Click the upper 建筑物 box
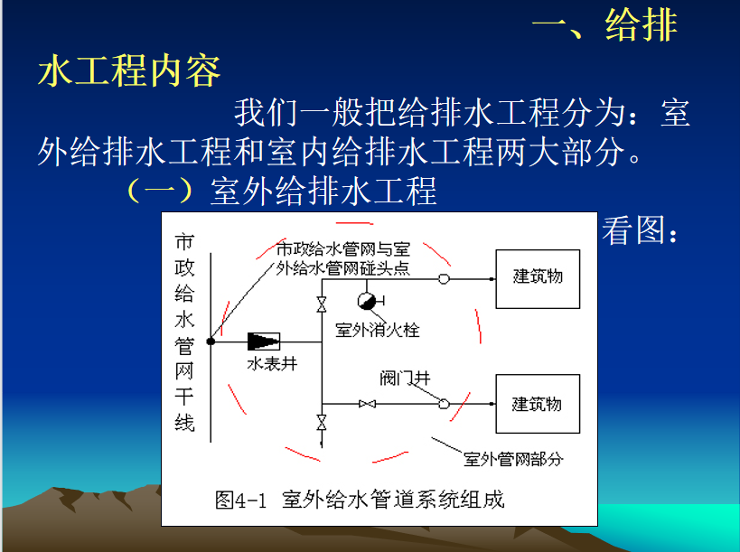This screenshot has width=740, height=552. (x=538, y=279)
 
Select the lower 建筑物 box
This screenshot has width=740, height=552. (x=538, y=404)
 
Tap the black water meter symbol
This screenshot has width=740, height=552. (x=264, y=341)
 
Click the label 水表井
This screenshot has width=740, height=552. (x=272, y=364)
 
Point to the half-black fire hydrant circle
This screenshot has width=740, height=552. (x=367, y=301)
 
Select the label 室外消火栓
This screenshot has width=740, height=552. (x=378, y=330)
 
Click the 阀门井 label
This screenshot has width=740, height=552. (x=405, y=378)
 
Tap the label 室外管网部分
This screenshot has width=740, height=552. (x=513, y=459)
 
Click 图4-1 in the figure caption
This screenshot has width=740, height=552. (x=240, y=500)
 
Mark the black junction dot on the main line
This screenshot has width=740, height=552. (x=211, y=341)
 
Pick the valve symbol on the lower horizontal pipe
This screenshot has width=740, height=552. (x=367, y=404)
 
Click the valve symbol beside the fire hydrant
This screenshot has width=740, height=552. (x=322, y=304)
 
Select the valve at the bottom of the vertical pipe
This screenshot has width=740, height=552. (x=322, y=423)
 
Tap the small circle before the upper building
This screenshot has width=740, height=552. (x=445, y=279)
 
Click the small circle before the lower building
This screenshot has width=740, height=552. (x=445, y=404)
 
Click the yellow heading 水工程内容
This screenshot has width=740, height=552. (x=129, y=70)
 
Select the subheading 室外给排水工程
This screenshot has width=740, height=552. (x=323, y=192)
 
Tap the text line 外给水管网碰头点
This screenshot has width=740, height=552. (x=342, y=268)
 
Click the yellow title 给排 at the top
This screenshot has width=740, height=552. (x=642, y=25)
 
